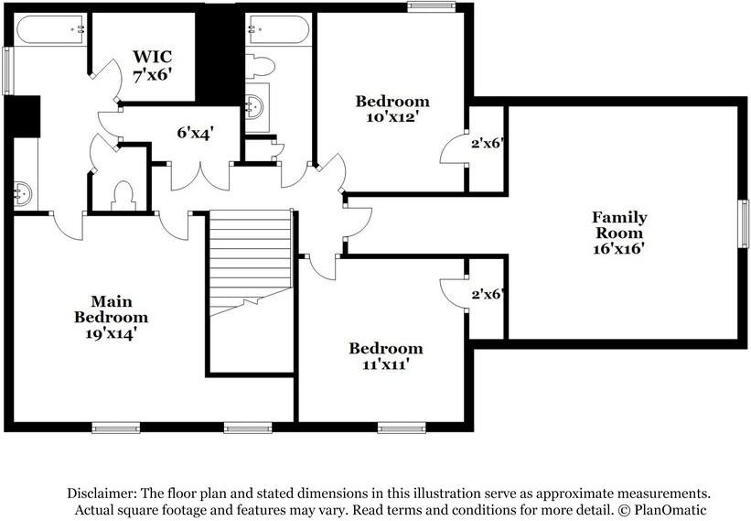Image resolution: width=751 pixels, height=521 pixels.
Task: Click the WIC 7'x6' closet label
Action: click(153, 65)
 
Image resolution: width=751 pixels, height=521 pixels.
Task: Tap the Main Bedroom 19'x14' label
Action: click(111, 318)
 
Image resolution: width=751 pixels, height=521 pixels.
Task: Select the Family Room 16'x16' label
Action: click(619, 233)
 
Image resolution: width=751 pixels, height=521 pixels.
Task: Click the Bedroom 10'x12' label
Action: click(392, 109)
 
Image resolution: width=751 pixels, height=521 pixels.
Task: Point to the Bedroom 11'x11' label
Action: click(385, 356)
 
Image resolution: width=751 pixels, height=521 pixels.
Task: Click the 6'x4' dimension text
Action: click(195, 132)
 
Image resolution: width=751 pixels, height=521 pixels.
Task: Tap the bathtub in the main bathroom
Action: click(51, 29)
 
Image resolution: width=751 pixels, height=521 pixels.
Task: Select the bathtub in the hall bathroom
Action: click(279, 29)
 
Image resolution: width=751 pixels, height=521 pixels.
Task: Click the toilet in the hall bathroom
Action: click(260, 67)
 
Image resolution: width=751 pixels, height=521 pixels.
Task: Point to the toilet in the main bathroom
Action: click(123, 197)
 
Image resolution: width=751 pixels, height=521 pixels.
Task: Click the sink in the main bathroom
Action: click(23, 193)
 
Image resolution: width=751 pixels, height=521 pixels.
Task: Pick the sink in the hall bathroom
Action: click(254, 106)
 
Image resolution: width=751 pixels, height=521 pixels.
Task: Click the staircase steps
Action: click(251, 261)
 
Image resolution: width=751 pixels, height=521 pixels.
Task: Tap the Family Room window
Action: click(743, 223)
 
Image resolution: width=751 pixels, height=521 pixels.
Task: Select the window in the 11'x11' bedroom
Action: click(402, 428)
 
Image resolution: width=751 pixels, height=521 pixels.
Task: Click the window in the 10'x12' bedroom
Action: click(431, 6)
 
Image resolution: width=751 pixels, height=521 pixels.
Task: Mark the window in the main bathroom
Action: click(6, 71)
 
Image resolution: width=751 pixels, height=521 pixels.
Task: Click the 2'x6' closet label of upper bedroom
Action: click(488, 143)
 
